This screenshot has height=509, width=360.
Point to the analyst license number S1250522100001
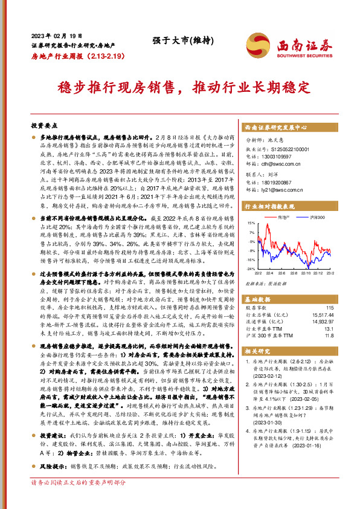coord(283,149)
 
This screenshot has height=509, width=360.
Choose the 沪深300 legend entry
coord(317,216)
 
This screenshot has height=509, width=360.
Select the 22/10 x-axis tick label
coord(305,273)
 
